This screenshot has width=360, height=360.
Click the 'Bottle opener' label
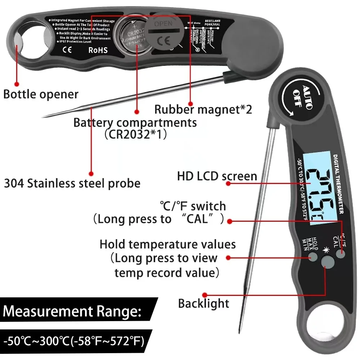(41, 94)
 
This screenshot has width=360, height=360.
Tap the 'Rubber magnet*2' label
(203, 109)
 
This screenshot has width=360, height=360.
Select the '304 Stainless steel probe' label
(72, 183)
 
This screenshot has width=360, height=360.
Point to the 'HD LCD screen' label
(217, 176)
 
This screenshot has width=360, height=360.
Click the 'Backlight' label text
(203, 303)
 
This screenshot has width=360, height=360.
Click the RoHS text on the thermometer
(98, 50)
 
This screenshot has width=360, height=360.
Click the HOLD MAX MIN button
(312, 257)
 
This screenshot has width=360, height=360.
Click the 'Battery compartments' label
(135, 122)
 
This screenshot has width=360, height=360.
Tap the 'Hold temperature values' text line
(167, 244)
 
